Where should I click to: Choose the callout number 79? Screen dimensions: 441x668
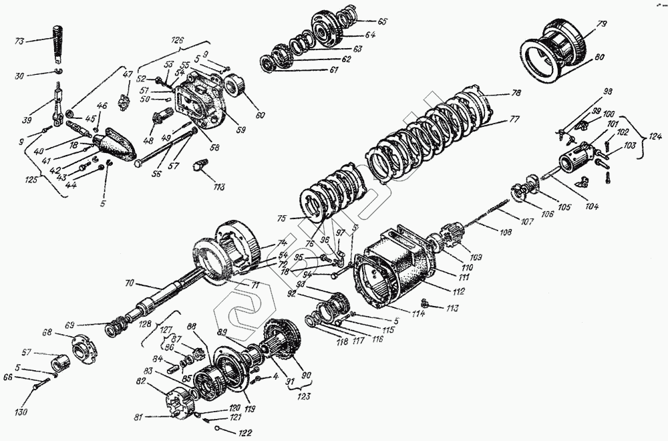[601, 25]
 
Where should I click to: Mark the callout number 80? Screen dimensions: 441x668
[599, 57]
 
